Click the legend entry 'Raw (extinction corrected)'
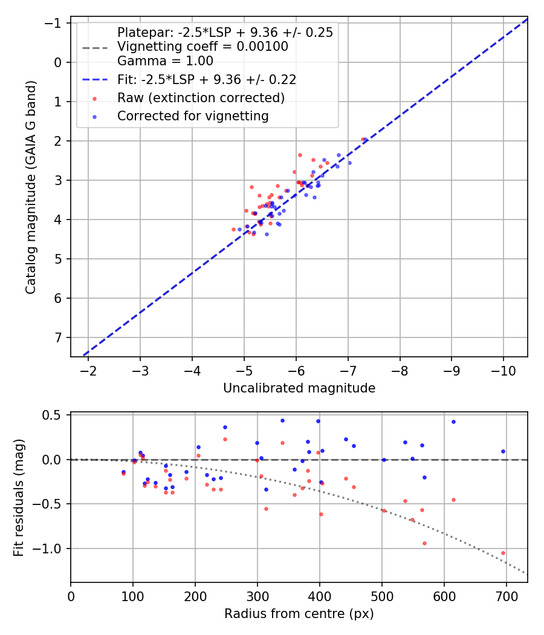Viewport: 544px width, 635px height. [201, 97]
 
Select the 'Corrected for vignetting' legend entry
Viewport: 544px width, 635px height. [193, 116]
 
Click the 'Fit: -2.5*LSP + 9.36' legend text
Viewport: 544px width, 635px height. [206, 79]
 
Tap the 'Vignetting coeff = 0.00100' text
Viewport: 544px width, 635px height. [202, 47]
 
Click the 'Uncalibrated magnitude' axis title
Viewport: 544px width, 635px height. [299, 388]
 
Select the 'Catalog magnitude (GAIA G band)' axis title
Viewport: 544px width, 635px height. [31, 187]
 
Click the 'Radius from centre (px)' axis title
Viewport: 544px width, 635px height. [299, 614]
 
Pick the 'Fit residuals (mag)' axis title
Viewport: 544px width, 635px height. [19, 497]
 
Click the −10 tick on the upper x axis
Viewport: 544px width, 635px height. [504, 370]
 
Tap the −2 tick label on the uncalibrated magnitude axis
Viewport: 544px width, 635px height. [88, 370]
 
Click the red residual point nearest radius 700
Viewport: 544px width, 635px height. [503, 553]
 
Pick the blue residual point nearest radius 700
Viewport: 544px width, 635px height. [503, 451]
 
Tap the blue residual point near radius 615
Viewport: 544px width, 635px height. [453, 422]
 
